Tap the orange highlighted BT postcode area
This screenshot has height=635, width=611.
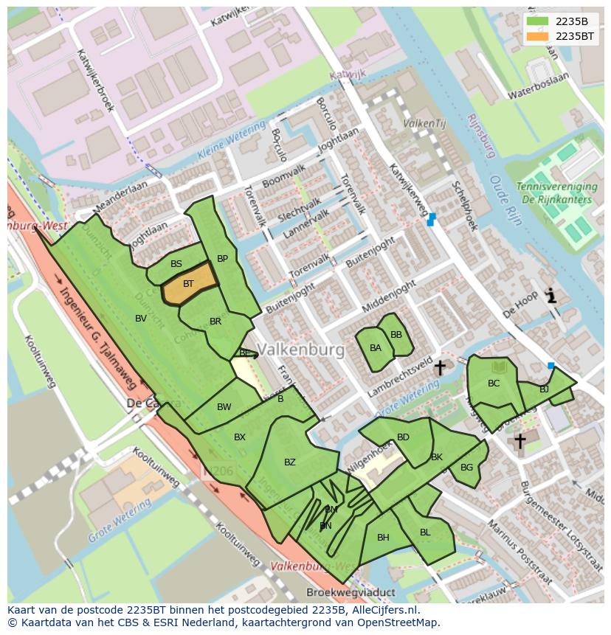click(189, 284)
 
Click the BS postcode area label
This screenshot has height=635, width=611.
click(176, 264)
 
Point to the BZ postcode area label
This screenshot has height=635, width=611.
click(289, 462)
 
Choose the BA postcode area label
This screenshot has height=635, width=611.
click(376, 348)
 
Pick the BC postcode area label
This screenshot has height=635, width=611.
click(494, 384)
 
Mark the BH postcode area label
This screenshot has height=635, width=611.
click(383, 538)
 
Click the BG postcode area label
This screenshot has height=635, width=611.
click(466, 468)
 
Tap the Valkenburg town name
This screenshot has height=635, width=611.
click(301, 350)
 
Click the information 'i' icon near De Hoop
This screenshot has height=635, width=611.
click(550, 296)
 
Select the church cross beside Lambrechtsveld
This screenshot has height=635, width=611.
click(440, 367)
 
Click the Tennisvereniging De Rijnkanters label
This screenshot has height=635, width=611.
click(554, 193)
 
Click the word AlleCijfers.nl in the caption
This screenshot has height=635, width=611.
click(384, 611)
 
